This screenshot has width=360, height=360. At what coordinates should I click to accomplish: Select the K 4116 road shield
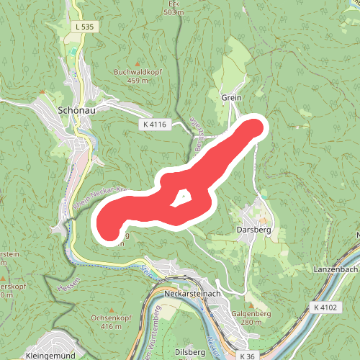[x=155, y=125]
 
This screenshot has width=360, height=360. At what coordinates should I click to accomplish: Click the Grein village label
[x=231, y=97]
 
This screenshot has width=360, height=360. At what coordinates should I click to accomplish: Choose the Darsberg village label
[x=253, y=231]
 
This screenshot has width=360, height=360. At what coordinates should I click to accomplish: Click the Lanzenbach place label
[x=336, y=269]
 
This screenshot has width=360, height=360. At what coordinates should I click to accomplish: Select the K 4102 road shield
[x=325, y=307]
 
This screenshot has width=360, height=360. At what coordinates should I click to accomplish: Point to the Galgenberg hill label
[x=251, y=314]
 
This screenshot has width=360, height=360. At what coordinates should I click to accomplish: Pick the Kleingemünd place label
[x=50, y=355]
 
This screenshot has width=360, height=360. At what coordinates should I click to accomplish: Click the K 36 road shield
[x=248, y=356]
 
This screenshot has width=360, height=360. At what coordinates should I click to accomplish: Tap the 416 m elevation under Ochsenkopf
[x=112, y=326]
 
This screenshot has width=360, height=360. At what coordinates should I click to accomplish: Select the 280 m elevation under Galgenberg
[x=251, y=323]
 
